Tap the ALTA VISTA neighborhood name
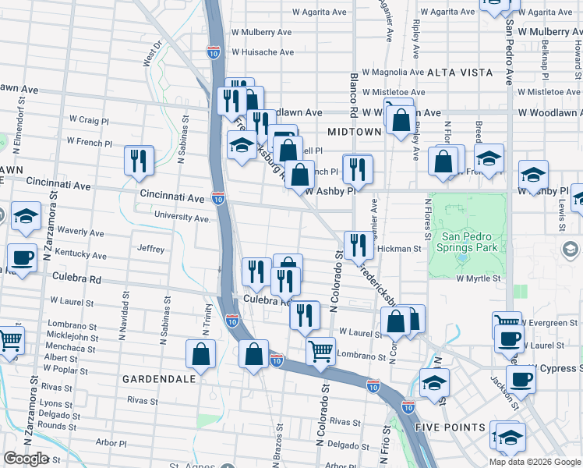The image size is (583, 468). pos(460,72)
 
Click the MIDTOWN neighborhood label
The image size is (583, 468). pos(355,132)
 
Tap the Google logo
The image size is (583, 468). pos(25,459)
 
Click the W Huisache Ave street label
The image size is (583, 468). pos(263,52)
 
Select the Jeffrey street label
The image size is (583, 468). pos(150,250)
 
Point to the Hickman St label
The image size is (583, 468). pos(399,249)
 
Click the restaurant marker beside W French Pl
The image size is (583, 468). pos(139,160)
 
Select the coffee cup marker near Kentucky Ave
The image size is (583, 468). pos(22,257)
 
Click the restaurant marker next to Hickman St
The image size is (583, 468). pos(358,245)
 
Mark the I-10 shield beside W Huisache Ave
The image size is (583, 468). pos(214,51)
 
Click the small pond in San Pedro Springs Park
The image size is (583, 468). pos(463,255)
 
